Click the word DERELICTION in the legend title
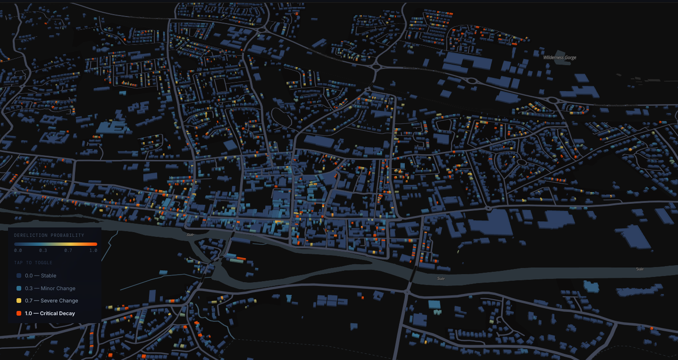32,235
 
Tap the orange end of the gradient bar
94,244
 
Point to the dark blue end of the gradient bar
17,244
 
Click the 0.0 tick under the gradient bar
18,251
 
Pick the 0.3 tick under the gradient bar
43,251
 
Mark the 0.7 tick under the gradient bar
69,251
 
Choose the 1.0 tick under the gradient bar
93,251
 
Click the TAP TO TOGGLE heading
33,263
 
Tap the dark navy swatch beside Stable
18,276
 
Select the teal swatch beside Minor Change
18,288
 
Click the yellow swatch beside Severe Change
18,301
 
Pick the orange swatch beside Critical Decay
18,313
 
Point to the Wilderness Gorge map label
560,58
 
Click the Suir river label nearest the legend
190,233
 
